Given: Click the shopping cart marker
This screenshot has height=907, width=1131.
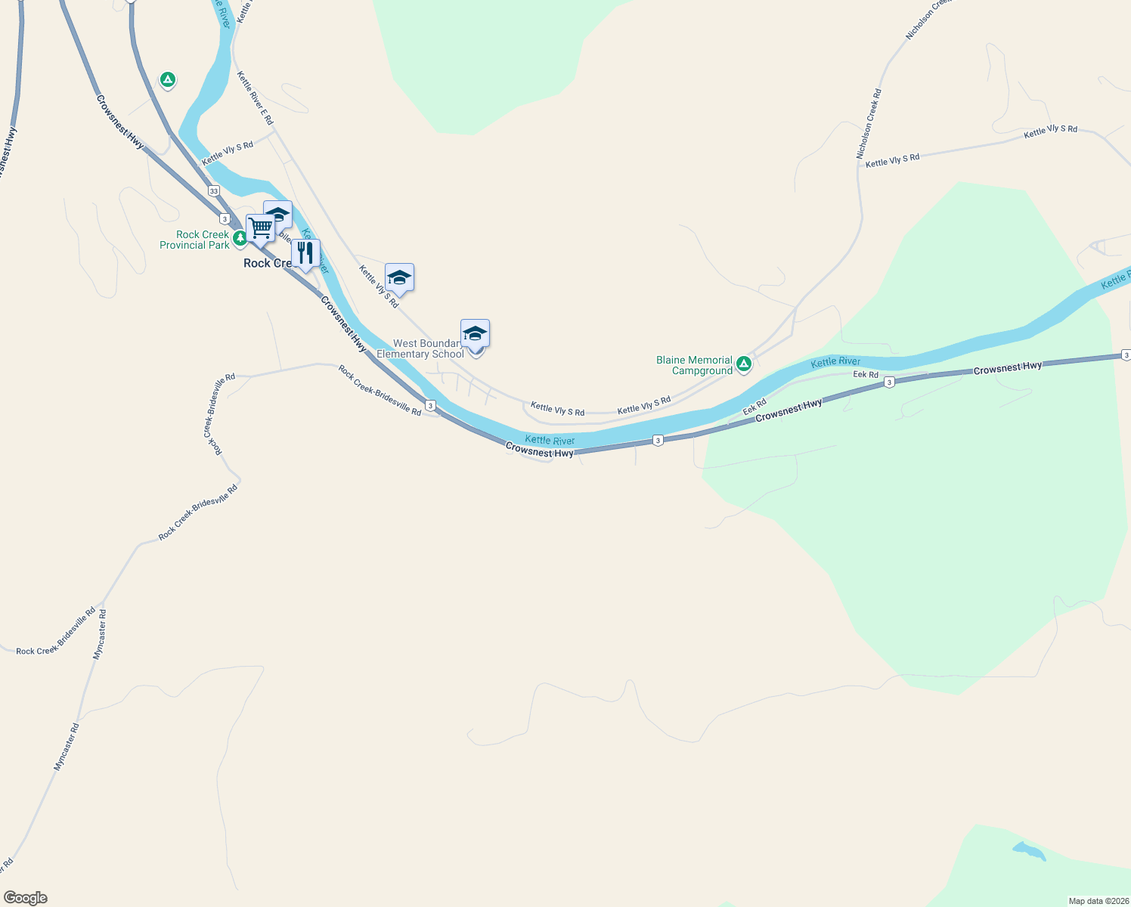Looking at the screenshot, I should click(x=260, y=228).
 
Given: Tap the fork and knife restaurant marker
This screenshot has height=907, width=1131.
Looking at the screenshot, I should click(x=305, y=253).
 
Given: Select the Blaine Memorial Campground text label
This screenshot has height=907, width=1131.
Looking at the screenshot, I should click(x=694, y=365).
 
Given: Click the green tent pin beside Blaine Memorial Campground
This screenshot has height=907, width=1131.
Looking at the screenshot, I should click(x=744, y=364).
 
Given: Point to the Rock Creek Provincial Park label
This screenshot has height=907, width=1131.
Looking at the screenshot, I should click(x=194, y=240).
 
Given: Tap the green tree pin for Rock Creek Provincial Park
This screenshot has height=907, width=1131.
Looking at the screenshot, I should click(x=240, y=238).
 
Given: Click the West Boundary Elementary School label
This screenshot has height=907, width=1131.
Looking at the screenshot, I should click(x=420, y=348).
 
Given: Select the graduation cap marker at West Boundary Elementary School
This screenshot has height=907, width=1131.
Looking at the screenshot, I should click(x=475, y=333).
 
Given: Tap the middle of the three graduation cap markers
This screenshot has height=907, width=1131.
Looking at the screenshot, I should click(x=399, y=277).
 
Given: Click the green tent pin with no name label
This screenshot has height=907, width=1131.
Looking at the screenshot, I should click(x=168, y=79).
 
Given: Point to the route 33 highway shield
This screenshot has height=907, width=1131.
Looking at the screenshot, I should click(x=214, y=191).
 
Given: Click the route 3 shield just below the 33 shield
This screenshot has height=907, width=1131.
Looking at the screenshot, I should click(x=225, y=218).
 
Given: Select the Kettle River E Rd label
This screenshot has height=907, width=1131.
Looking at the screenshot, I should click(x=255, y=98).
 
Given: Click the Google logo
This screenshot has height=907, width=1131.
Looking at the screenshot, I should click(x=26, y=898).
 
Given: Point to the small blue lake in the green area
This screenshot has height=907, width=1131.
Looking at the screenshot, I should click(x=1029, y=851).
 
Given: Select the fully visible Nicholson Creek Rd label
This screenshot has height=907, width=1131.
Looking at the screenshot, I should click(x=869, y=124).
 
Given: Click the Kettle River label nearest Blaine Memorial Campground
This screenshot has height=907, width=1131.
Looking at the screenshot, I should click(x=835, y=362).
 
